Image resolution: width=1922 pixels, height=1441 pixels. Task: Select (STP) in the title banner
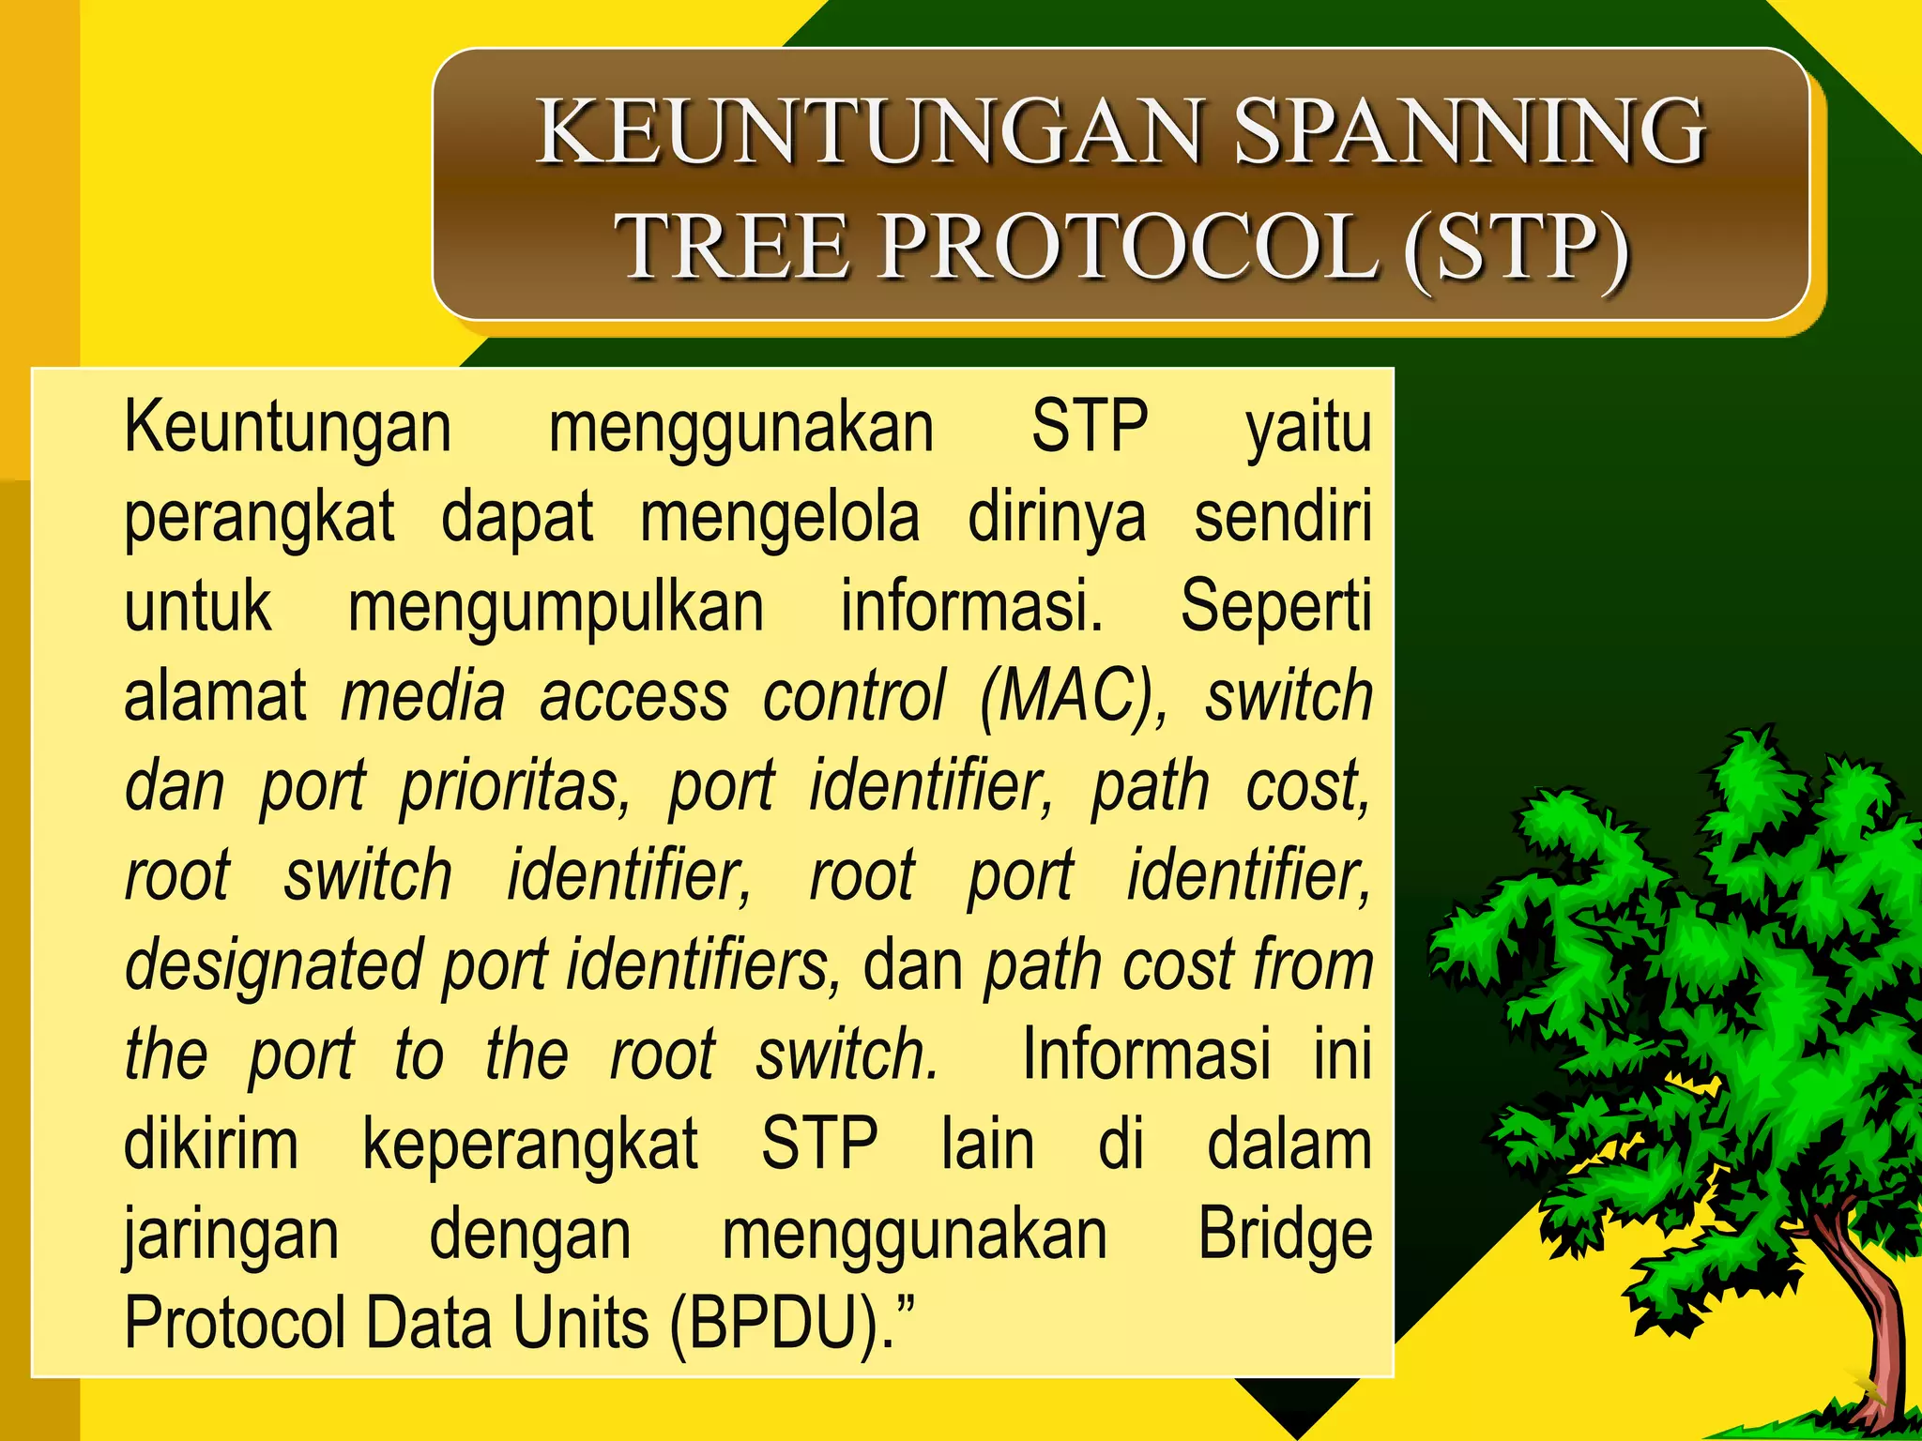[x=1516, y=247]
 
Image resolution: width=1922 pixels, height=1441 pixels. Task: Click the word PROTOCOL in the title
[x=1126, y=247]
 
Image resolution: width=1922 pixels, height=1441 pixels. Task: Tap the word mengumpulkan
[x=556, y=607]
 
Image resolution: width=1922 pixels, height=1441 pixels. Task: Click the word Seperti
[x=1276, y=607]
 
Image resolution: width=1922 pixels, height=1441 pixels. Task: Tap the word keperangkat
[x=530, y=1145]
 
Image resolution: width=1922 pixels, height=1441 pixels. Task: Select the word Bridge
[x=1285, y=1235]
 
